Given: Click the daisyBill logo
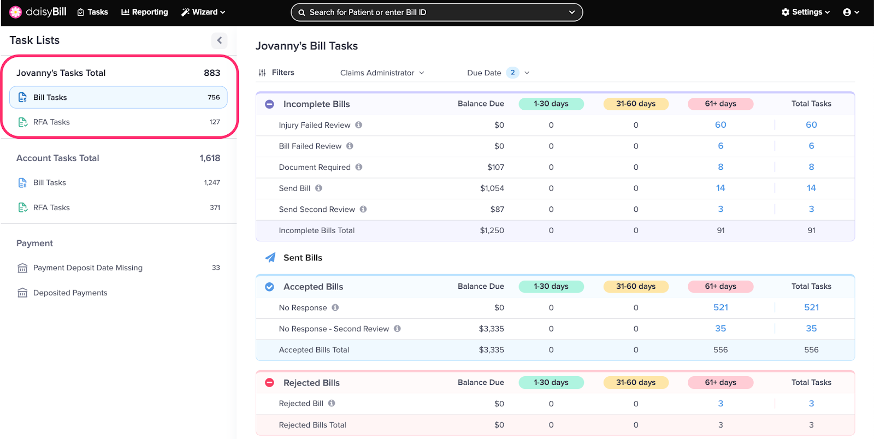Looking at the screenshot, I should tap(38, 12).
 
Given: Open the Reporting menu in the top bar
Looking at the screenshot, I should tap(144, 12).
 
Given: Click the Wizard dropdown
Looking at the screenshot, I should tap(203, 12).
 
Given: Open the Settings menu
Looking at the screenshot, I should tap(805, 12).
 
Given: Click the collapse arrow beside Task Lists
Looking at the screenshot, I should tap(219, 40).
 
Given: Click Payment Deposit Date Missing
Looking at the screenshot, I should tap(87, 268).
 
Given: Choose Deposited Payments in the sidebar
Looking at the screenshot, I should tap(70, 293).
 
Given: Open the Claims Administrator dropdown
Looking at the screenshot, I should tap(382, 73).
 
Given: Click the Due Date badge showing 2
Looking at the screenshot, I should tap(512, 73).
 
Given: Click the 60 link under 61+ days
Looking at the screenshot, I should tap(721, 125).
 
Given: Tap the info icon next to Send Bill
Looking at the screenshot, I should tap(318, 188).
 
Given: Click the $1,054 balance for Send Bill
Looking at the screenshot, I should tap(492, 188).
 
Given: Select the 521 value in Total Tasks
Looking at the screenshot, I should tap(811, 308).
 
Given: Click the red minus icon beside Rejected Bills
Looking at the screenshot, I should tap(269, 383).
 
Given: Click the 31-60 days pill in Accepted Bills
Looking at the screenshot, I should tap(636, 287).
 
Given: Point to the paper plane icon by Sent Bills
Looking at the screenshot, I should tap(270, 258).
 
